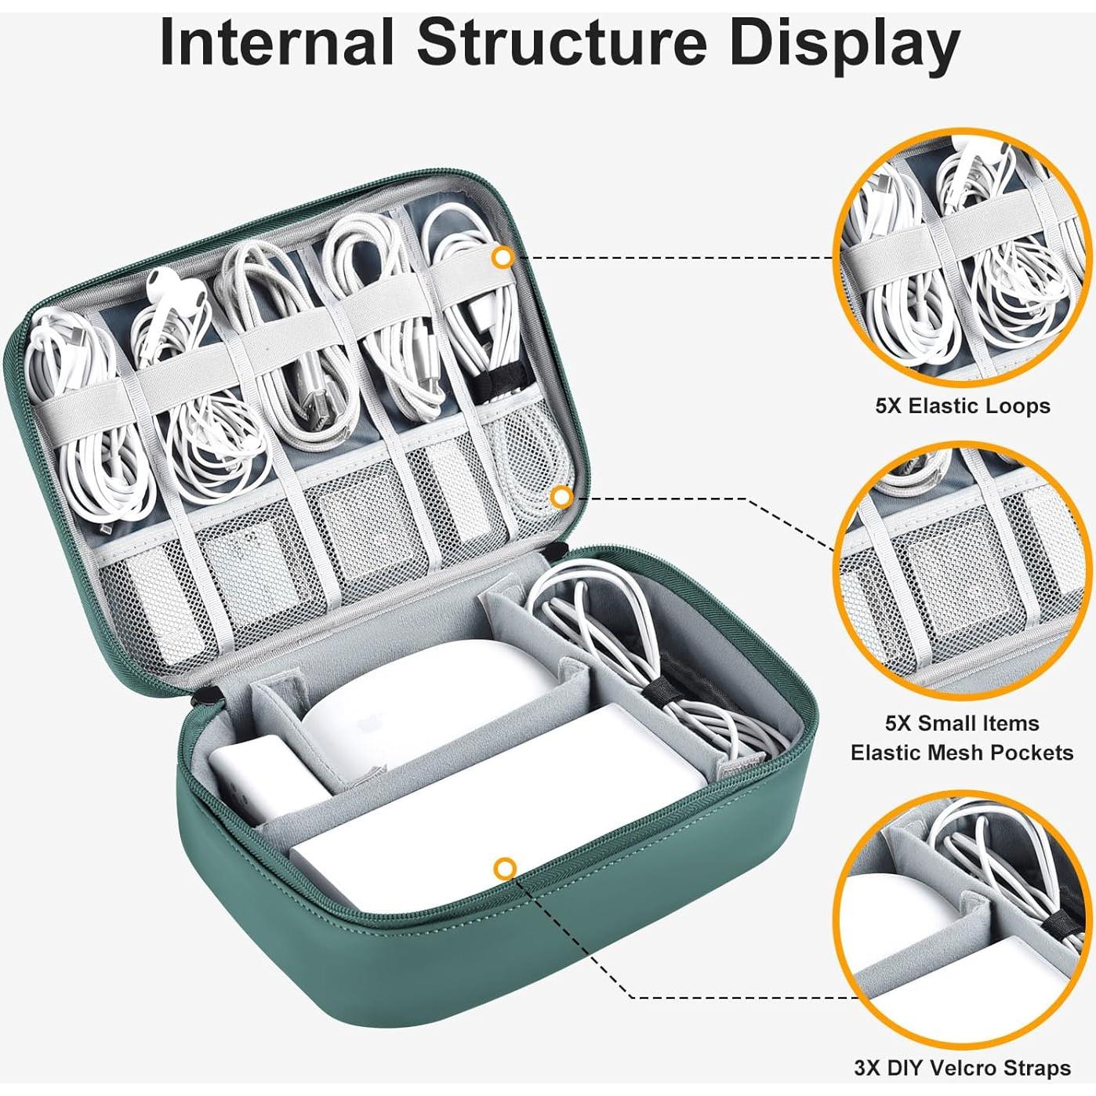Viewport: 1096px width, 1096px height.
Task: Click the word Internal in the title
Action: [277, 44]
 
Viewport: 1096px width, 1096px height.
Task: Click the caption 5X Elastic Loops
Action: [963, 405]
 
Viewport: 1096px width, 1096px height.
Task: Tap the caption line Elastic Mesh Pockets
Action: [963, 753]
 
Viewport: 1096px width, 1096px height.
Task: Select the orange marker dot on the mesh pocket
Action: [562, 498]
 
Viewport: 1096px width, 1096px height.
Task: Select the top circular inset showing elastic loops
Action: [963, 254]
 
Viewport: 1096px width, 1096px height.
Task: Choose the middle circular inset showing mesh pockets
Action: [963, 569]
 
